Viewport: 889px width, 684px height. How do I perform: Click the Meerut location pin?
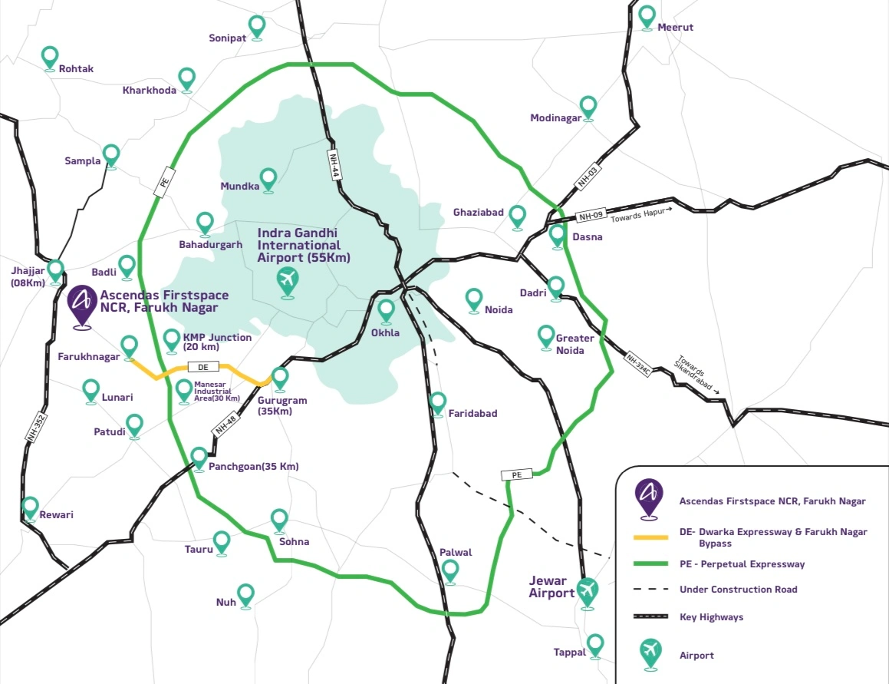[x=647, y=17]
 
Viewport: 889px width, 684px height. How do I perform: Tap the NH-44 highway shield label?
[x=334, y=166]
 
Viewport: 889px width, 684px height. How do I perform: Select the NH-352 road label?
[x=36, y=428]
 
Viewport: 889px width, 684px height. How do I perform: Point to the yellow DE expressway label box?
[x=203, y=367]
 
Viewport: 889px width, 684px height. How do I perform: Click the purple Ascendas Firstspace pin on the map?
[x=82, y=306]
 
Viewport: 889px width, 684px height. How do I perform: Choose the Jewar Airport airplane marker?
[x=588, y=593]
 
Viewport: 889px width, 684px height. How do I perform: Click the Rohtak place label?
[x=76, y=68]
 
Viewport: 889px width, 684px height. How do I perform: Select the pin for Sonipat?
[x=257, y=28]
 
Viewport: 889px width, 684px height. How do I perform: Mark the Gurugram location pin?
[x=279, y=379]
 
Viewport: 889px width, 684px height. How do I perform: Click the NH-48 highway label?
[x=226, y=424]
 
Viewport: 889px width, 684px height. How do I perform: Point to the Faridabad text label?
[x=472, y=413]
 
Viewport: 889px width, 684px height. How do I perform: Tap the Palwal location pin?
[x=450, y=572]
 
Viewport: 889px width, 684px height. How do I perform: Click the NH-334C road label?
[x=638, y=363]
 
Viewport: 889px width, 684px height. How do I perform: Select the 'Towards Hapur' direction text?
[x=640, y=214]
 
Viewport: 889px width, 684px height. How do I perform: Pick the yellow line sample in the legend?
[x=651, y=537]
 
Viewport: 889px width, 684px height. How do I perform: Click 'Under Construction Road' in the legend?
[x=738, y=590]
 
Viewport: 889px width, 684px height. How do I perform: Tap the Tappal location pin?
[x=594, y=646]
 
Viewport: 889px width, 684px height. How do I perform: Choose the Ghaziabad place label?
[x=478, y=213]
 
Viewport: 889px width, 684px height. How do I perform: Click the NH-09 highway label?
[x=591, y=216]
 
